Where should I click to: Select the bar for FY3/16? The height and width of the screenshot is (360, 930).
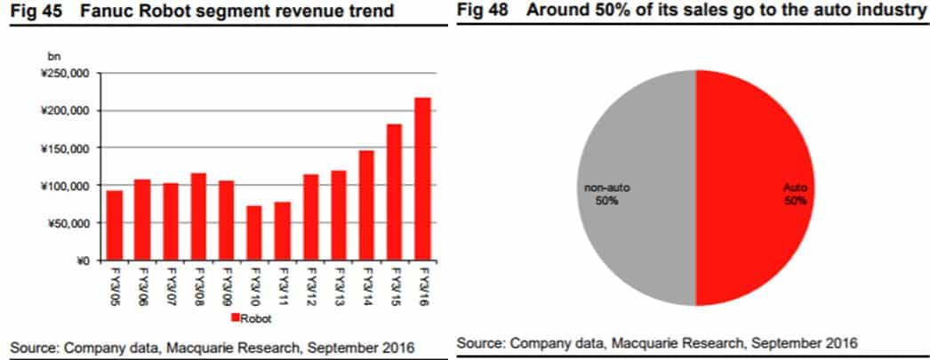point(422,179)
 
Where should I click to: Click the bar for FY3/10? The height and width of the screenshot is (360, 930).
point(254,233)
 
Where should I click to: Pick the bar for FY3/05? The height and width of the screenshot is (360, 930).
point(115,226)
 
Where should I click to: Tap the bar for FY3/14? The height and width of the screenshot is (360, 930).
point(366,205)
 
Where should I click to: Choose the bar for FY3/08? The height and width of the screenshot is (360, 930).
point(198,217)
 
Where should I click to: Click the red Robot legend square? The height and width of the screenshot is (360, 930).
point(235,318)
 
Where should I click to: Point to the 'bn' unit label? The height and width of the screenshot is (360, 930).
point(53,57)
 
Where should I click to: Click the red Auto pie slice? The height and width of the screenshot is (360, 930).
point(752,188)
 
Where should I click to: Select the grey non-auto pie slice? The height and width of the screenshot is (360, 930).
point(637,188)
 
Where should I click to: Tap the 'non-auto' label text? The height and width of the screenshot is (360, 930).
point(606,188)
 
